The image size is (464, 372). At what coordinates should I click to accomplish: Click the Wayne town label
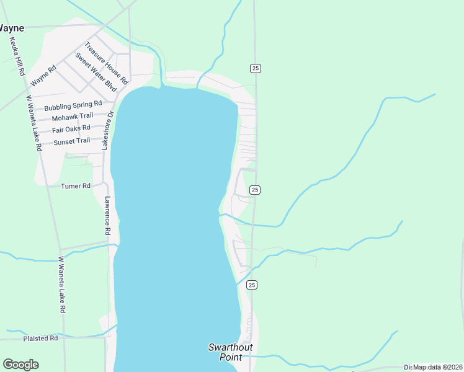point(12,28)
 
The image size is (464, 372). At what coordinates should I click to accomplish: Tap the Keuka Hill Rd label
point(16,56)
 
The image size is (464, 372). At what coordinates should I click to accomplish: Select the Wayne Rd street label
point(43,76)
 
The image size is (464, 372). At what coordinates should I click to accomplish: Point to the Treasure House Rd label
point(106,63)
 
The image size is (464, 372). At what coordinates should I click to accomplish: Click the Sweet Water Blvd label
point(96,72)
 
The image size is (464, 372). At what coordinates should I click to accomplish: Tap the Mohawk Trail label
point(72,117)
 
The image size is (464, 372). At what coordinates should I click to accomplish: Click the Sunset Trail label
point(71,142)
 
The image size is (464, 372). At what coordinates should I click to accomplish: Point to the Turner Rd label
point(76,185)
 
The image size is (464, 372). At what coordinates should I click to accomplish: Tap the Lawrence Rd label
point(107,215)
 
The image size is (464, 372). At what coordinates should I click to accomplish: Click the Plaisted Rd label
point(40,339)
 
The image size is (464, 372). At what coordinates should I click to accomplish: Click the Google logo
point(20,365)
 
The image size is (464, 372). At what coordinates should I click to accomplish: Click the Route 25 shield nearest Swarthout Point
point(251,285)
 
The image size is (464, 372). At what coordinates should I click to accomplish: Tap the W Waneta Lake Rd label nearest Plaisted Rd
point(62,284)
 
